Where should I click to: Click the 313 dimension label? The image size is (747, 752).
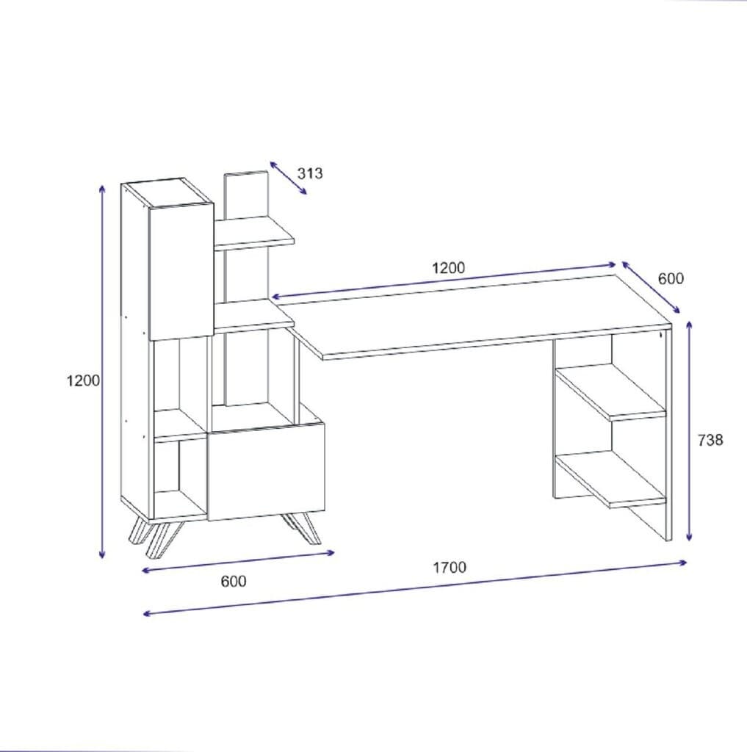(x=310, y=173)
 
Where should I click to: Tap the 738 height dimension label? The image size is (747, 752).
(x=710, y=440)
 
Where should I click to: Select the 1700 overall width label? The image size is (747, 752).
(x=450, y=568)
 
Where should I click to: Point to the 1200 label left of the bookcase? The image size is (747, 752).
(x=83, y=380)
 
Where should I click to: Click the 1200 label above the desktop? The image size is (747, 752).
(x=449, y=267)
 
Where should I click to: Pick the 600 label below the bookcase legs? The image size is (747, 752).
(x=234, y=582)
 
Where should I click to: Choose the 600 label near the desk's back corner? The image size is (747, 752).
(x=671, y=278)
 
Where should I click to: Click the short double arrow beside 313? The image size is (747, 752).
(x=289, y=178)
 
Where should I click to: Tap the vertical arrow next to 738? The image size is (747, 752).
(x=689, y=430)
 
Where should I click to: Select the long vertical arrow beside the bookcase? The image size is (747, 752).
(x=101, y=372)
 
